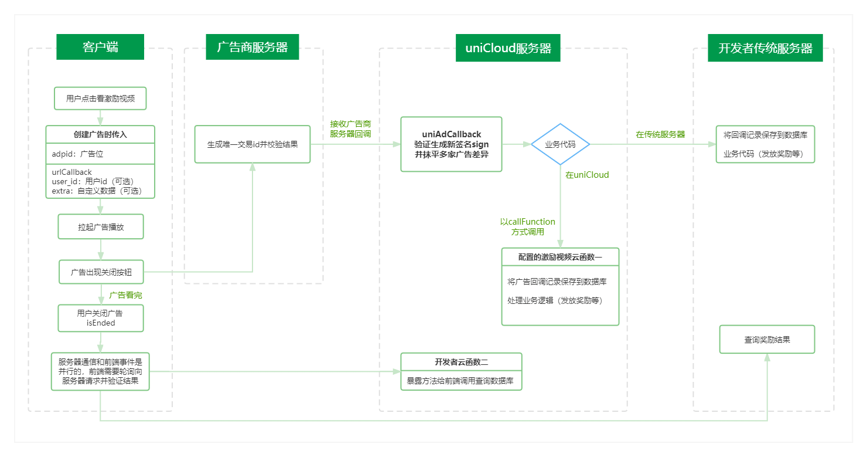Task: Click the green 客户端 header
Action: pos(100,47)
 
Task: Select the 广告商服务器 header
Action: pos(252,47)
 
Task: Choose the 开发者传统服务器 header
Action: pos(764,48)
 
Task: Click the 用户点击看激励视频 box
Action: pos(100,99)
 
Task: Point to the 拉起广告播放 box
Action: pos(101,226)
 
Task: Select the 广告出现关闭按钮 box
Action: pos(101,272)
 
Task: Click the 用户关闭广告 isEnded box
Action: pos(100,318)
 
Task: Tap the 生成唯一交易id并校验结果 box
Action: pos(252,144)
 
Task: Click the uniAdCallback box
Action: pos(451,144)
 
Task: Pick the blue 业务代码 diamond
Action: pos(560,144)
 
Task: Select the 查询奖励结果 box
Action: pos(767,340)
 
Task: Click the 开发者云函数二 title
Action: pos(461,361)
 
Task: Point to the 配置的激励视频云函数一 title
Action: pos(560,257)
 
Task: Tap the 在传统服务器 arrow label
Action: pos(660,134)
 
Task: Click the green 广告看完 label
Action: pos(125,295)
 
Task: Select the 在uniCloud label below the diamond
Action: pos(587,175)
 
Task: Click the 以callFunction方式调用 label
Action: pos(527,226)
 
